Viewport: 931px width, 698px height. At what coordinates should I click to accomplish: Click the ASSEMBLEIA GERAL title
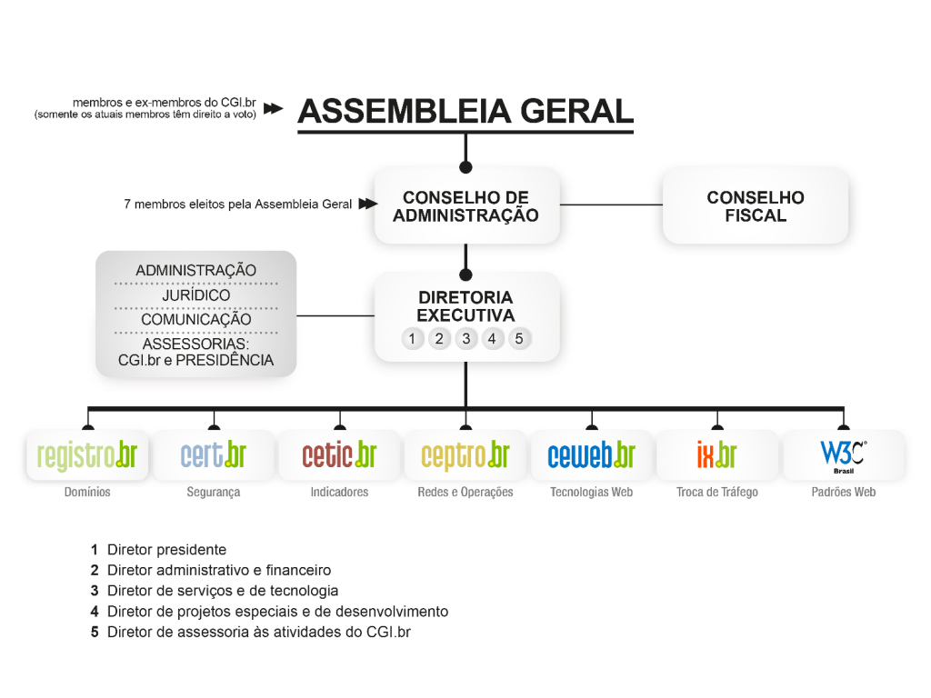(x=465, y=111)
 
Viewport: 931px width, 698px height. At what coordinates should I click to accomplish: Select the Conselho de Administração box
(x=466, y=205)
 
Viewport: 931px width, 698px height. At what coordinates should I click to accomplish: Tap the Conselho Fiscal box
(x=756, y=205)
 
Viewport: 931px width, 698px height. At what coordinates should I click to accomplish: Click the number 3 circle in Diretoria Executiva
(x=466, y=339)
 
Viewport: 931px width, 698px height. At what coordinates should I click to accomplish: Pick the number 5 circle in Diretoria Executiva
(x=519, y=339)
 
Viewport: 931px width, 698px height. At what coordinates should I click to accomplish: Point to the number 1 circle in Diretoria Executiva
(x=412, y=339)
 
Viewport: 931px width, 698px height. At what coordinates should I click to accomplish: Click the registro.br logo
(x=87, y=455)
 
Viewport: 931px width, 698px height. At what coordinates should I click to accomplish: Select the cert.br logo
(x=213, y=454)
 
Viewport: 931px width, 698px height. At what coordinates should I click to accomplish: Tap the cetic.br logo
(x=339, y=454)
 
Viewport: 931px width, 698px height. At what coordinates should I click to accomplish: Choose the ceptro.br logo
(x=465, y=456)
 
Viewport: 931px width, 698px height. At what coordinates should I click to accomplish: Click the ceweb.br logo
(x=591, y=454)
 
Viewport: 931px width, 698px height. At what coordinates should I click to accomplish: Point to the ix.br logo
(x=717, y=454)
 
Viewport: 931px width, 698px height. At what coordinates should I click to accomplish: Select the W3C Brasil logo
(x=843, y=456)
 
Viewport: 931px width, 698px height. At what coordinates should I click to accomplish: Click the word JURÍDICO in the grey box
(x=196, y=295)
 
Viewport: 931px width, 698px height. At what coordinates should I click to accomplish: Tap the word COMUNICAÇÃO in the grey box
(x=196, y=319)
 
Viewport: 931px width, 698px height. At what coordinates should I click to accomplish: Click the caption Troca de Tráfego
(x=717, y=492)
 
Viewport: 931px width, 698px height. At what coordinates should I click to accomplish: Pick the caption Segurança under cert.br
(x=213, y=492)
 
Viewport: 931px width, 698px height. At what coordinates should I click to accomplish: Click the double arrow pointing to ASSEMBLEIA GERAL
(x=273, y=109)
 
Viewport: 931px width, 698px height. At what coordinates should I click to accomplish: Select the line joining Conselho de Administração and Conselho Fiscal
(x=611, y=204)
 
